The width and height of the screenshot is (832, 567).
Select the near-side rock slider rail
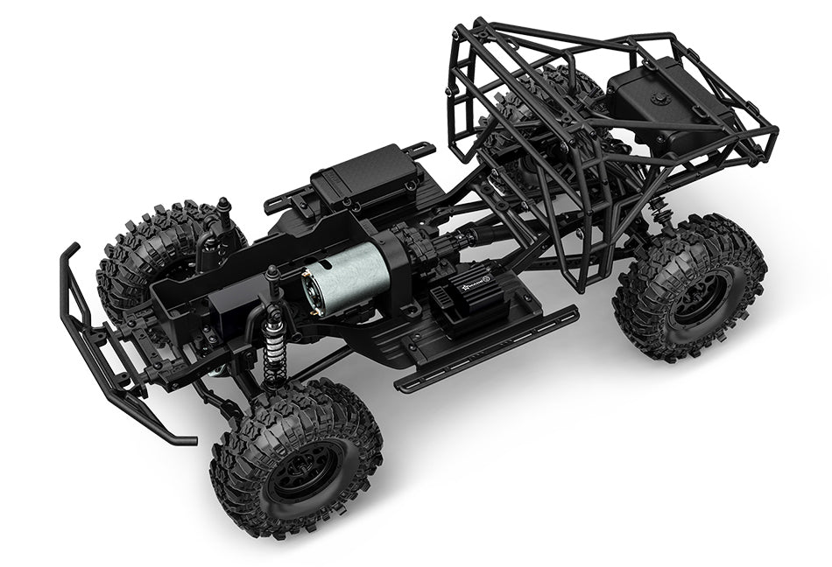coord(487,348)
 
